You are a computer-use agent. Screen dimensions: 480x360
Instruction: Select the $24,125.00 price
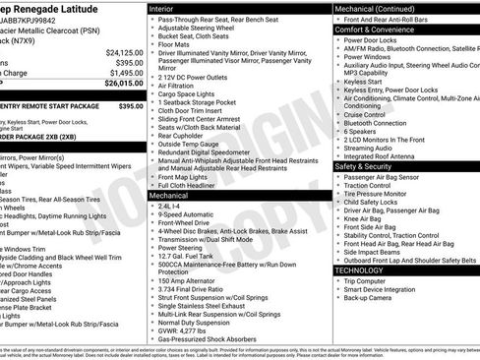pyautogui.click(x=125, y=51)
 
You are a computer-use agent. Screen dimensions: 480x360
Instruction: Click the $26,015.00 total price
pyautogui.click(x=124, y=84)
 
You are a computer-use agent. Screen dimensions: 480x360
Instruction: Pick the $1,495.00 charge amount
pyautogui.click(x=126, y=73)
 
